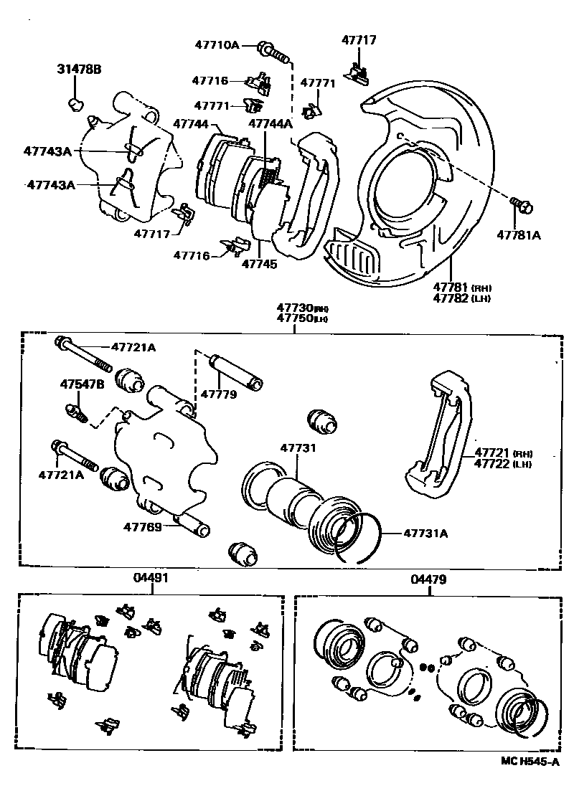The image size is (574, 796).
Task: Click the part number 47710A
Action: tap(217, 45)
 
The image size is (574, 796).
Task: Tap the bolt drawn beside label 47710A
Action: tap(273, 51)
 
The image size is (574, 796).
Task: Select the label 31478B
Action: tap(79, 70)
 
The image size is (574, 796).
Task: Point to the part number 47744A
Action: tap(270, 123)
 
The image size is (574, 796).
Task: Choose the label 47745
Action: tap(259, 263)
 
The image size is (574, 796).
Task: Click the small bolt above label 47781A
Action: tap(522, 206)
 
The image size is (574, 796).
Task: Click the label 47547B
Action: tap(81, 384)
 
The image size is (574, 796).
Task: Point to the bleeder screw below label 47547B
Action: tap(75, 412)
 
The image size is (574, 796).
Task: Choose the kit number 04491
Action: tap(148, 577)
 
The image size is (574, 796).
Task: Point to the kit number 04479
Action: tap(428, 577)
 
